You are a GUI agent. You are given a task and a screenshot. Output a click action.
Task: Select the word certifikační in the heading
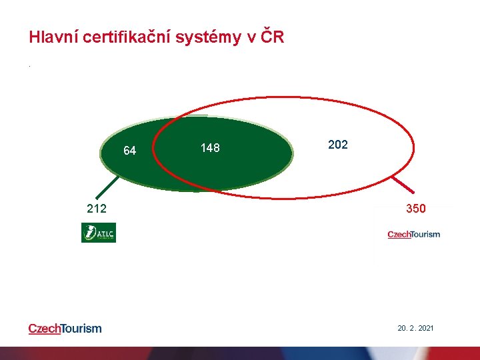131,37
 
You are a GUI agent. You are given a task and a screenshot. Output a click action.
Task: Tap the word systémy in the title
211,38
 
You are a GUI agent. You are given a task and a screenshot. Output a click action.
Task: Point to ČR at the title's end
273,37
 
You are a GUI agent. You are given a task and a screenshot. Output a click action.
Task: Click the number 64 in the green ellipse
130,151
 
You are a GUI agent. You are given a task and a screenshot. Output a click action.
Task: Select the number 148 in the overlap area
210,148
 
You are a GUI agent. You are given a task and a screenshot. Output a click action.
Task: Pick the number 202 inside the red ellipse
338,145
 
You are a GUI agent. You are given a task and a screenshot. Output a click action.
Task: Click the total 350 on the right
416,209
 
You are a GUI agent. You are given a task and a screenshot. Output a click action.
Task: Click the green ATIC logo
99,233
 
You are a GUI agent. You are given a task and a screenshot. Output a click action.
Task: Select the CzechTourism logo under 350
413,234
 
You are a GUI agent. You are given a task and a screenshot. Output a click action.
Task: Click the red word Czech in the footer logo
43,328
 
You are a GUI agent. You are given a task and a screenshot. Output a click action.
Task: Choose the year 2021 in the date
425,328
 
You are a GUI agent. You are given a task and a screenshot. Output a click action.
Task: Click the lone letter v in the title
251,38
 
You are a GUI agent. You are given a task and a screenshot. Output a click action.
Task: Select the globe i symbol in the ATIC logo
89,233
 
